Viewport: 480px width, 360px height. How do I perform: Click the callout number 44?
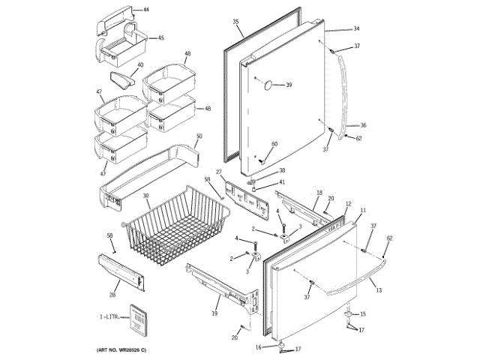[145, 10]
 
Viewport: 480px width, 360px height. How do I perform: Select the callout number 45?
[160, 37]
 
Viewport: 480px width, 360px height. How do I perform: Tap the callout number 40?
[140, 65]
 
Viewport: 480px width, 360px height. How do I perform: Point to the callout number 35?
[235, 22]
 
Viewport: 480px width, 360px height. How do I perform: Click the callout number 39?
[288, 85]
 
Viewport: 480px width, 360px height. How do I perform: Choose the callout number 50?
[199, 136]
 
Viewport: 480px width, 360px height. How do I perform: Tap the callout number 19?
[214, 316]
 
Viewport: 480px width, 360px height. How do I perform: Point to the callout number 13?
[378, 290]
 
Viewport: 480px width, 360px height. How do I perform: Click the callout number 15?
[364, 314]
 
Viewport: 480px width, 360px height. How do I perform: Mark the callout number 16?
[259, 347]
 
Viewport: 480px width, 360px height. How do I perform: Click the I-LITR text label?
[110, 318]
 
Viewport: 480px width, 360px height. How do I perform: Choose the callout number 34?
[356, 28]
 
